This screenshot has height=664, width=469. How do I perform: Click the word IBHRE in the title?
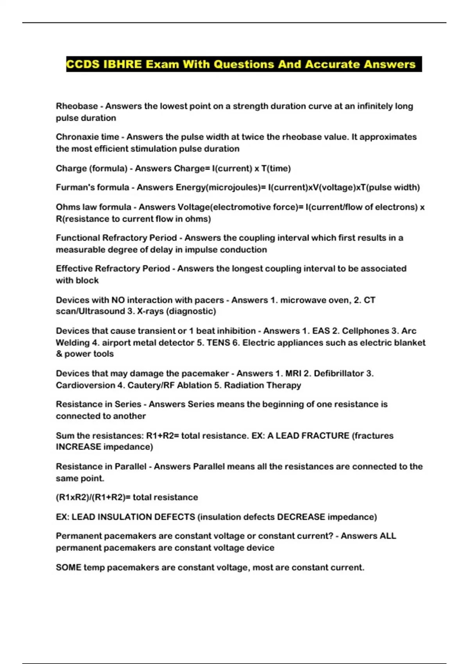click(x=122, y=64)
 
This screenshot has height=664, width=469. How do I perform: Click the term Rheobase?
click(x=77, y=106)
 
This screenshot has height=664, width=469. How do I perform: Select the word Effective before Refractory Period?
click(x=74, y=269)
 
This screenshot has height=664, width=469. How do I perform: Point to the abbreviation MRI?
click(x=293, y=373)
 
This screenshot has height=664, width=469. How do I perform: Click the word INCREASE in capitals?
click(x=78, y=447)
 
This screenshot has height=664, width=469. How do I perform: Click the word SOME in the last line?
click(x=68, y=568)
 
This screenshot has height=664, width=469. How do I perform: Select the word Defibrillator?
click(x=339, y=373)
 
